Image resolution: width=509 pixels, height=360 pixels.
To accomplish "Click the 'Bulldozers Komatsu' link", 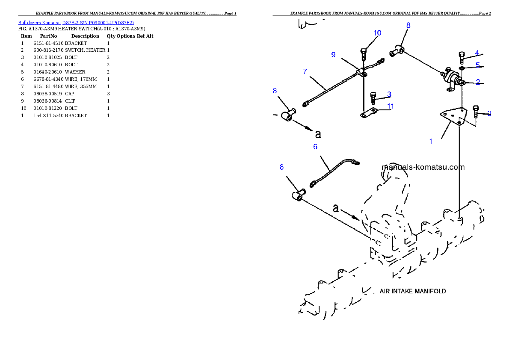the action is (39, 23).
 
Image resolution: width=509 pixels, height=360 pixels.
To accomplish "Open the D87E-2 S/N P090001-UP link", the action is (98, 23).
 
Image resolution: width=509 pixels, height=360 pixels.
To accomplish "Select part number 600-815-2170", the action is (48, 50).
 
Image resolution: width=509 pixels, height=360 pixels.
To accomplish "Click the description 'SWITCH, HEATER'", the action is (85, 50).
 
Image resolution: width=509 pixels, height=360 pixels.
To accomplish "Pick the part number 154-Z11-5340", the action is (48, 115).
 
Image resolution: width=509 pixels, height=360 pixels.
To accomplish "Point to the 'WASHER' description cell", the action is (75, 72).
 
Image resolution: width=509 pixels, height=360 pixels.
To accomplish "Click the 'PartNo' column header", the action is (48, 36).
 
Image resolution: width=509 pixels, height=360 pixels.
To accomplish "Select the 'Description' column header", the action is (85, 36).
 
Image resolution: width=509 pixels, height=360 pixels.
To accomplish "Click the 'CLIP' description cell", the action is (70, 101).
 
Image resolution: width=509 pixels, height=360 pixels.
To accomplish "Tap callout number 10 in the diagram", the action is (377, 33).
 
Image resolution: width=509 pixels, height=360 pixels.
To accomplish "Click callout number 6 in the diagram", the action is (315, 147).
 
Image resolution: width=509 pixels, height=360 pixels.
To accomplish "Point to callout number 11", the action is (390, 106).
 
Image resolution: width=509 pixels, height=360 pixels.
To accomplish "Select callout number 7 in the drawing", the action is (305, 71).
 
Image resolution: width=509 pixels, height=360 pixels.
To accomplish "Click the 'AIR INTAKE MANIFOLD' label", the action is (413, 291).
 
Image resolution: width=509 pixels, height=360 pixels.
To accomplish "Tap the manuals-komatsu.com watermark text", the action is (423, 167).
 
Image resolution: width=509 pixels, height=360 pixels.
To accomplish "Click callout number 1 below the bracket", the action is (431, 142).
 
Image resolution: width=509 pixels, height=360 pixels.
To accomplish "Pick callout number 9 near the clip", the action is (333, 55).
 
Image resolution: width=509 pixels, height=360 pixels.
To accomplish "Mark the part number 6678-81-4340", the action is (48, 79).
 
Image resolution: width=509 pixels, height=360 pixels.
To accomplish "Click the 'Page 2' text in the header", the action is (484, 13).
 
